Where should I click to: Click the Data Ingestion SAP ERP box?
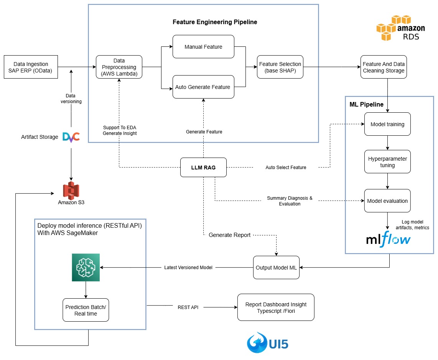click(x=31, y=67)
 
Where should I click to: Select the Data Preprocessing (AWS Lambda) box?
click(x=119, y=67)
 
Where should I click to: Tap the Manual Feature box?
click(x=203, y=47)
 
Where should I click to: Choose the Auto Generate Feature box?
click(x=203, y=87)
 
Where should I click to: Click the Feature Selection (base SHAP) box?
click(x=280, y=67)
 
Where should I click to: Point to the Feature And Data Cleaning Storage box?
click(x=384, y=67)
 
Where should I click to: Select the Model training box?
click(x=387, y=124)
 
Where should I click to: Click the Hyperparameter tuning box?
click(x=387, y=162)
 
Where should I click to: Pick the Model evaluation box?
click(x=387, y=201)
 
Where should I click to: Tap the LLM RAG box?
click(x=203, y=168)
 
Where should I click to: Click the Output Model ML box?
click(x=276, y=268)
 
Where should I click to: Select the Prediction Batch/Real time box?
click(x=86, y=310)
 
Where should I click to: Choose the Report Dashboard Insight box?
click(x=276, y=307)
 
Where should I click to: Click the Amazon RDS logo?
click(x=400, y=28)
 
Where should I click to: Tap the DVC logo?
click(x=71, y=136)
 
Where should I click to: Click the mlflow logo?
click(x=388, y=240)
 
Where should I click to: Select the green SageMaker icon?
click(x=86, y=267)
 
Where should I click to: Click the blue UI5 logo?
click(x=267, y=342)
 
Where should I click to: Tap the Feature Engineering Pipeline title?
click(x=215, y=22)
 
